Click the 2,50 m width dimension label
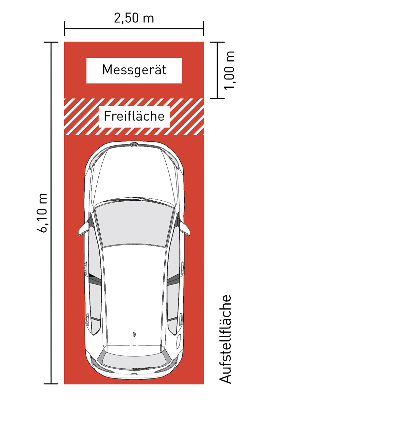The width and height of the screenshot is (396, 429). (134, 18)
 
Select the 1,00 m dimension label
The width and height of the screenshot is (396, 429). (229, 70)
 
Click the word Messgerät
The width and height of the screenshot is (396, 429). (134, 70)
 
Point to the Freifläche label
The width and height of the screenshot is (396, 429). (134, 116)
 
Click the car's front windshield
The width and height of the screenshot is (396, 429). (134, 225)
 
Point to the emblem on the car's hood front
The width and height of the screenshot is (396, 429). (134, 144)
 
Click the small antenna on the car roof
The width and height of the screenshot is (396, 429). (134, 334)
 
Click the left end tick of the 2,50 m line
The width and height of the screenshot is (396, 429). (65, 28)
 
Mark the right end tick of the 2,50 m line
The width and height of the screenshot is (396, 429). (204, 28)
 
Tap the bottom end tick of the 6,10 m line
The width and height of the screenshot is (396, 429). (51, 384)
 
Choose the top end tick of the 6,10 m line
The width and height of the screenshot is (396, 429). (51, 42)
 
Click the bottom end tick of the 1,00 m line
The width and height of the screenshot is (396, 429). (217, 98)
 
